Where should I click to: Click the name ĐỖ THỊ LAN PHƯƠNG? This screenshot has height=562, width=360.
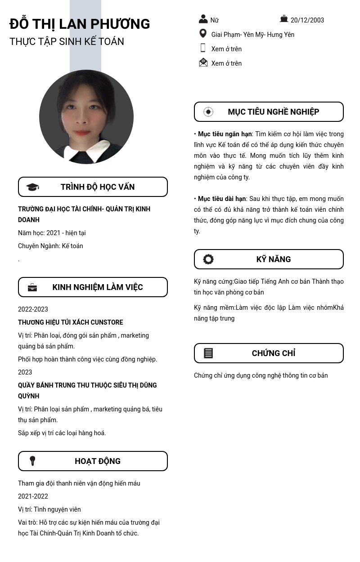click(80, 24)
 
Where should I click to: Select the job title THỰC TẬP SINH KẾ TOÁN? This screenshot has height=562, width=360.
click(67, 41)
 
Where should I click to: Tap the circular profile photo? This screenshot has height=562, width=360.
click(86, 117)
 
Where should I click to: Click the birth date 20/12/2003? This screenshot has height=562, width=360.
click(307, 20)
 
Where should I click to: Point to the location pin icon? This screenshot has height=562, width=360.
click(203, 34)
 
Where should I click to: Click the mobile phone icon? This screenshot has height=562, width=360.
click(203, 48)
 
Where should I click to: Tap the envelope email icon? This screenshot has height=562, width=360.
click(203, 62)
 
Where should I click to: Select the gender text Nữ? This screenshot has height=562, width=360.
click(214, 20)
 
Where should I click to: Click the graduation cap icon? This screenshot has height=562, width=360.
click(32, 187)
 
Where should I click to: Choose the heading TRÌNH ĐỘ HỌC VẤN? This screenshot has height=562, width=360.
click(98, 187)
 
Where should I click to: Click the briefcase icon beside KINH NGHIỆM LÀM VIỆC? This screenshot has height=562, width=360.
click(32, 287)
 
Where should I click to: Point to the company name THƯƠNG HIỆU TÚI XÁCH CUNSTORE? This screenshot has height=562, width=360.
click(70, 322)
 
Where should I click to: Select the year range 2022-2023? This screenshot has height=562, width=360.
click(33, 309)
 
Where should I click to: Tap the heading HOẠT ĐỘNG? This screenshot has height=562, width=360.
click(98, 461)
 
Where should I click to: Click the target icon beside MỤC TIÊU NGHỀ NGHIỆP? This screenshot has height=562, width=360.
click(208, 112)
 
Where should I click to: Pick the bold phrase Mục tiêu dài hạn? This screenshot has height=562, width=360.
click(222, 199)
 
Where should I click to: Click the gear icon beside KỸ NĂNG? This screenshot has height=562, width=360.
click(208, 259)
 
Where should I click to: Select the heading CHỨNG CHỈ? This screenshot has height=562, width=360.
click(274, 353)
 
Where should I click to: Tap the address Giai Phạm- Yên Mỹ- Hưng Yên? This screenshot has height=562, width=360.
click(252, 35)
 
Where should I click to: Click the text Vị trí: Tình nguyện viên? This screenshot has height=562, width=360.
click(49, 509)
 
